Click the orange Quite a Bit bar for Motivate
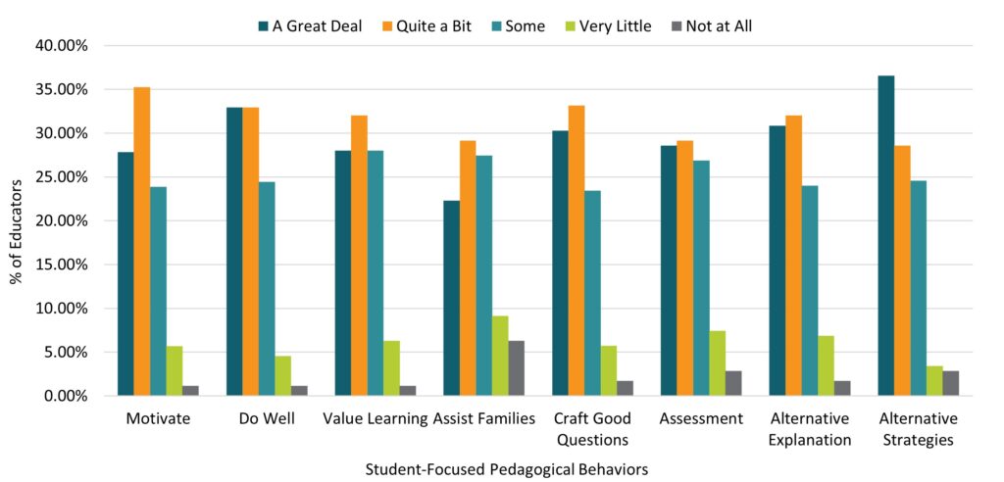click(142, 241)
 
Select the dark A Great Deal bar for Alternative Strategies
click(885, 235)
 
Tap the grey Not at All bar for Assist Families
click(517, 367)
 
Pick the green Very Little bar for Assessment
click(717, 362)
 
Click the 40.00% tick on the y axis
click(62, 46)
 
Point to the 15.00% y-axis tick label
click(62, 265)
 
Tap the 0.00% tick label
click(66, 396)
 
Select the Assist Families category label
click(484, 419)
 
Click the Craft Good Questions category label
click(592, 429)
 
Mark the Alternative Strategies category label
click(918, 429)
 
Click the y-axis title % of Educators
click(17, 221)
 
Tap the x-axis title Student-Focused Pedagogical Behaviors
click(506, 469)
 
